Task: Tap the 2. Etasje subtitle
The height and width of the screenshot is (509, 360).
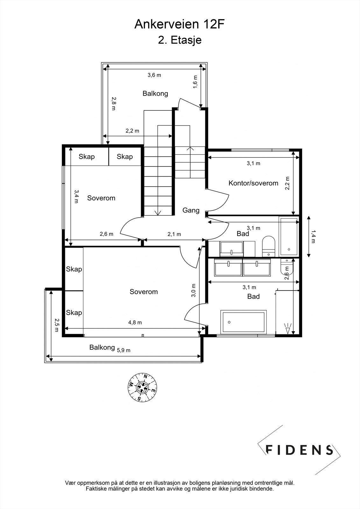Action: [180, 40]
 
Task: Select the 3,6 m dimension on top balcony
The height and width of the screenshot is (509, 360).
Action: [154, 75]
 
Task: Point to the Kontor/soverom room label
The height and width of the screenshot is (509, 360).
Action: [253, 183]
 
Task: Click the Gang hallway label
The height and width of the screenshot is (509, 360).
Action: [191, 210]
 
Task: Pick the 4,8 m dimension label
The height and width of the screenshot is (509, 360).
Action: [135, 322]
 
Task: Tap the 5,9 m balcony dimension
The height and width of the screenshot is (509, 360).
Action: [124, 350]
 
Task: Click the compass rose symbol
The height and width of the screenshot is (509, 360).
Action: [143, 387]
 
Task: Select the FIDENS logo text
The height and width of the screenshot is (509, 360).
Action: [299, 450]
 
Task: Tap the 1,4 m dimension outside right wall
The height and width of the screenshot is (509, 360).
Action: [313, 236]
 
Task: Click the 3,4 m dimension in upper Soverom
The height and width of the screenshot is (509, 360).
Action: [76, 197]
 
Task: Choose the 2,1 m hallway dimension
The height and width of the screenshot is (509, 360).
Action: [174, 234]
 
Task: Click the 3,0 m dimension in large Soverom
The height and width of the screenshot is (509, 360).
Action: [193, 290]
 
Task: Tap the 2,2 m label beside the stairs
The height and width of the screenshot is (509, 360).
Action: [132, 131]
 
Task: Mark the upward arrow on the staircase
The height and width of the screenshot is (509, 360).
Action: [190, 149]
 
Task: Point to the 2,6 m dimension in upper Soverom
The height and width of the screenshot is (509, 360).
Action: [107, 234]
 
